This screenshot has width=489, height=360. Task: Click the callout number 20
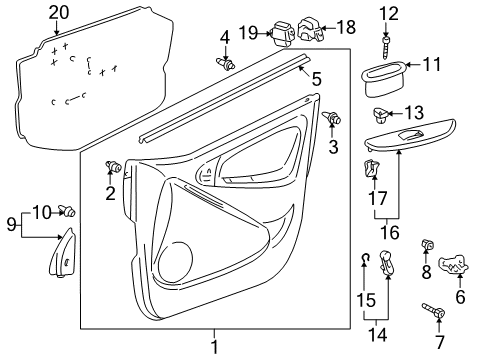(x=60, y=12)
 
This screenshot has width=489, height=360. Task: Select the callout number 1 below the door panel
(x=212, y=346)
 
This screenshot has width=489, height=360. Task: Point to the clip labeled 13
(x=385, y=112)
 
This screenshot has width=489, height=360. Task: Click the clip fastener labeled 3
(x=331, y=119)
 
